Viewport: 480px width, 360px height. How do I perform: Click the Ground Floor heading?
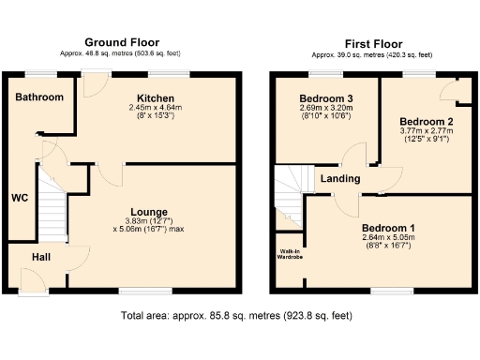(x=122, y=42)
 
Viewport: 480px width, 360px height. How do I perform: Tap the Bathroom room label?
(x=39, y=97)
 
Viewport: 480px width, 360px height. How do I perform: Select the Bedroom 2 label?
(x=426, y=122)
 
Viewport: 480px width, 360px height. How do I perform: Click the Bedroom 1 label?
(x=387, y=228)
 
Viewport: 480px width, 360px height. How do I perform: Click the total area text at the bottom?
(x=236, y=316)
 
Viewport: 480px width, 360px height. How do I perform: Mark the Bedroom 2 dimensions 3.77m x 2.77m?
(x=426, y=132)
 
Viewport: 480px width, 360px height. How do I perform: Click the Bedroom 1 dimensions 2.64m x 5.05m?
(x=387, y=239)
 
